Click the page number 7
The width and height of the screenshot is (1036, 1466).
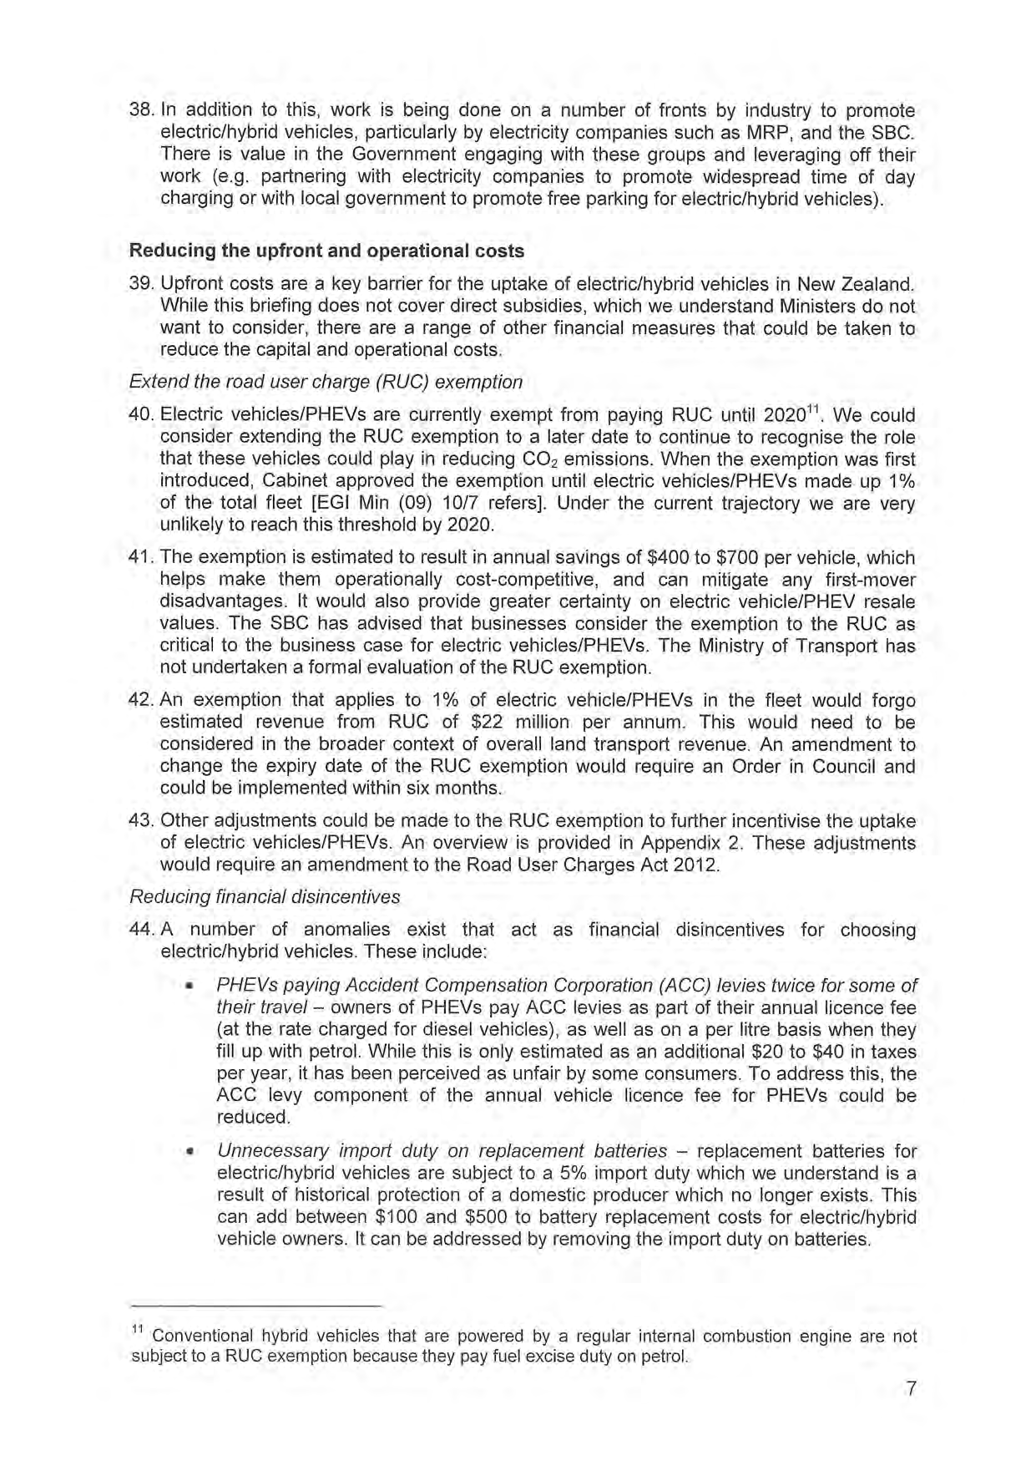coord(911,1388)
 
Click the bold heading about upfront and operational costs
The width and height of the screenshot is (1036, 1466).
coord(326,251)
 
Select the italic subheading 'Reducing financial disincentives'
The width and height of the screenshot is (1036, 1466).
coord(265,896)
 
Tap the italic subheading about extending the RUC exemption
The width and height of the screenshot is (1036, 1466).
coord(326,382)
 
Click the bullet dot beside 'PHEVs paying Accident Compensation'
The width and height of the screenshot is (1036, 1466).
coord(190,987)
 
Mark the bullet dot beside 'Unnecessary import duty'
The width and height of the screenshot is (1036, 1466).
coord(190,1153)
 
